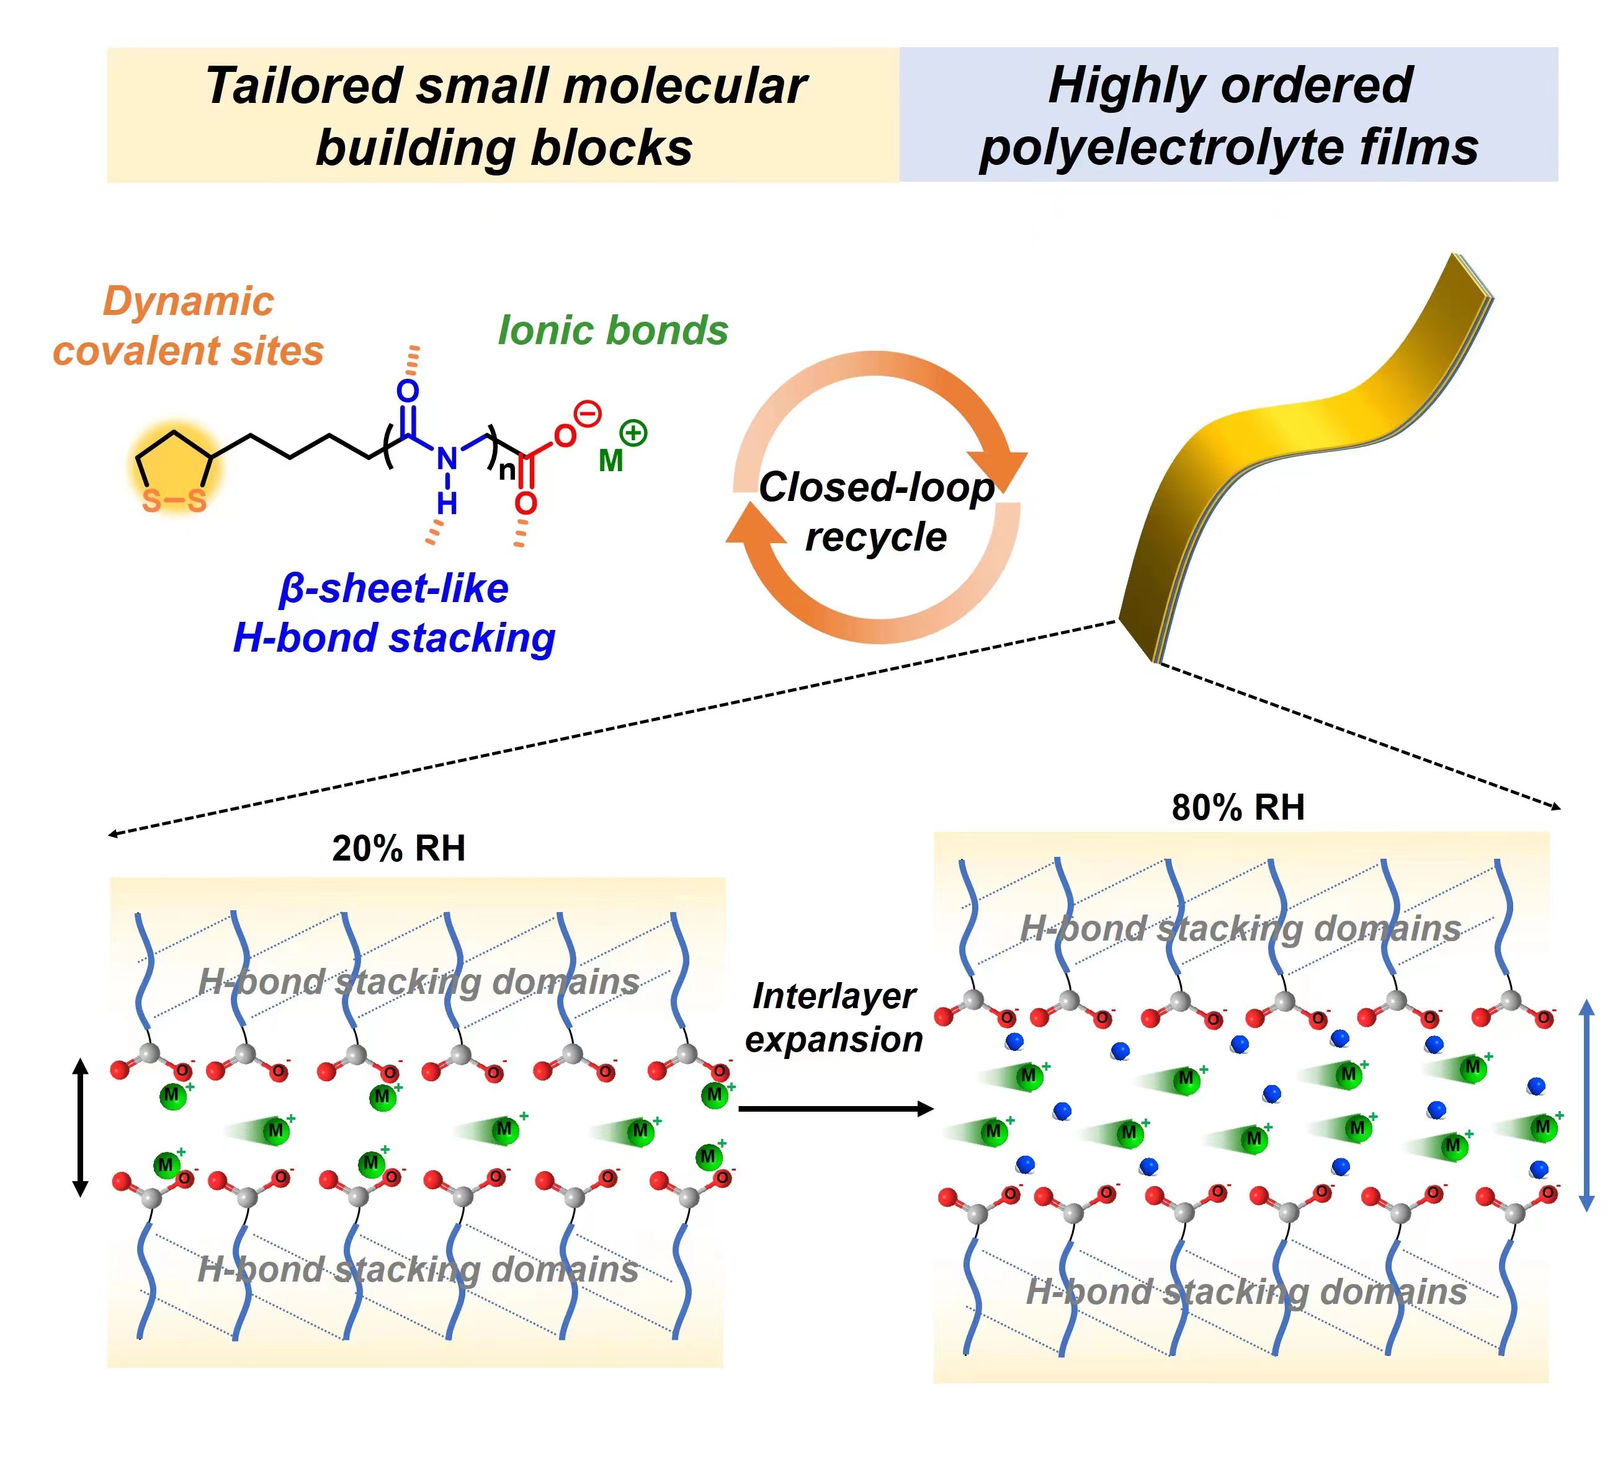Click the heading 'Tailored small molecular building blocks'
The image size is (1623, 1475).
pyautogui.click(x=505, y=116)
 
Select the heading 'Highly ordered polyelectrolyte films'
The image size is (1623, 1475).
pyautogui.click(x=1228, y=116)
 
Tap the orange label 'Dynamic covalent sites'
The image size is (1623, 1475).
pyautogui.click(x=189, y=326)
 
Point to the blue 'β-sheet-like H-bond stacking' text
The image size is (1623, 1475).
pyautogui.click(x=395, y=613)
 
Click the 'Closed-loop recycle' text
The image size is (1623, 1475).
pyautogui.click(x=876, y=512)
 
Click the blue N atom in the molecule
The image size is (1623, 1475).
pyautogui.click(x=447, y=459)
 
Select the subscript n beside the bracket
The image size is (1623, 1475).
pyautogui.click(x=506, y=470)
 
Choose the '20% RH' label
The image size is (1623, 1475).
pyautogui.click(x=398, y=848)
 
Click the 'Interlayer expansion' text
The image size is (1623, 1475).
pyautogui.click(x=833, y=1018)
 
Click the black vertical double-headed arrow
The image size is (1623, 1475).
pyautogui.click(x=79, y=1127)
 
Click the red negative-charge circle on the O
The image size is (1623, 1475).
pyautogui.click(x=589, y=414)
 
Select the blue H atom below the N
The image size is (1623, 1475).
pyautogui.click(x=447, y=503)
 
